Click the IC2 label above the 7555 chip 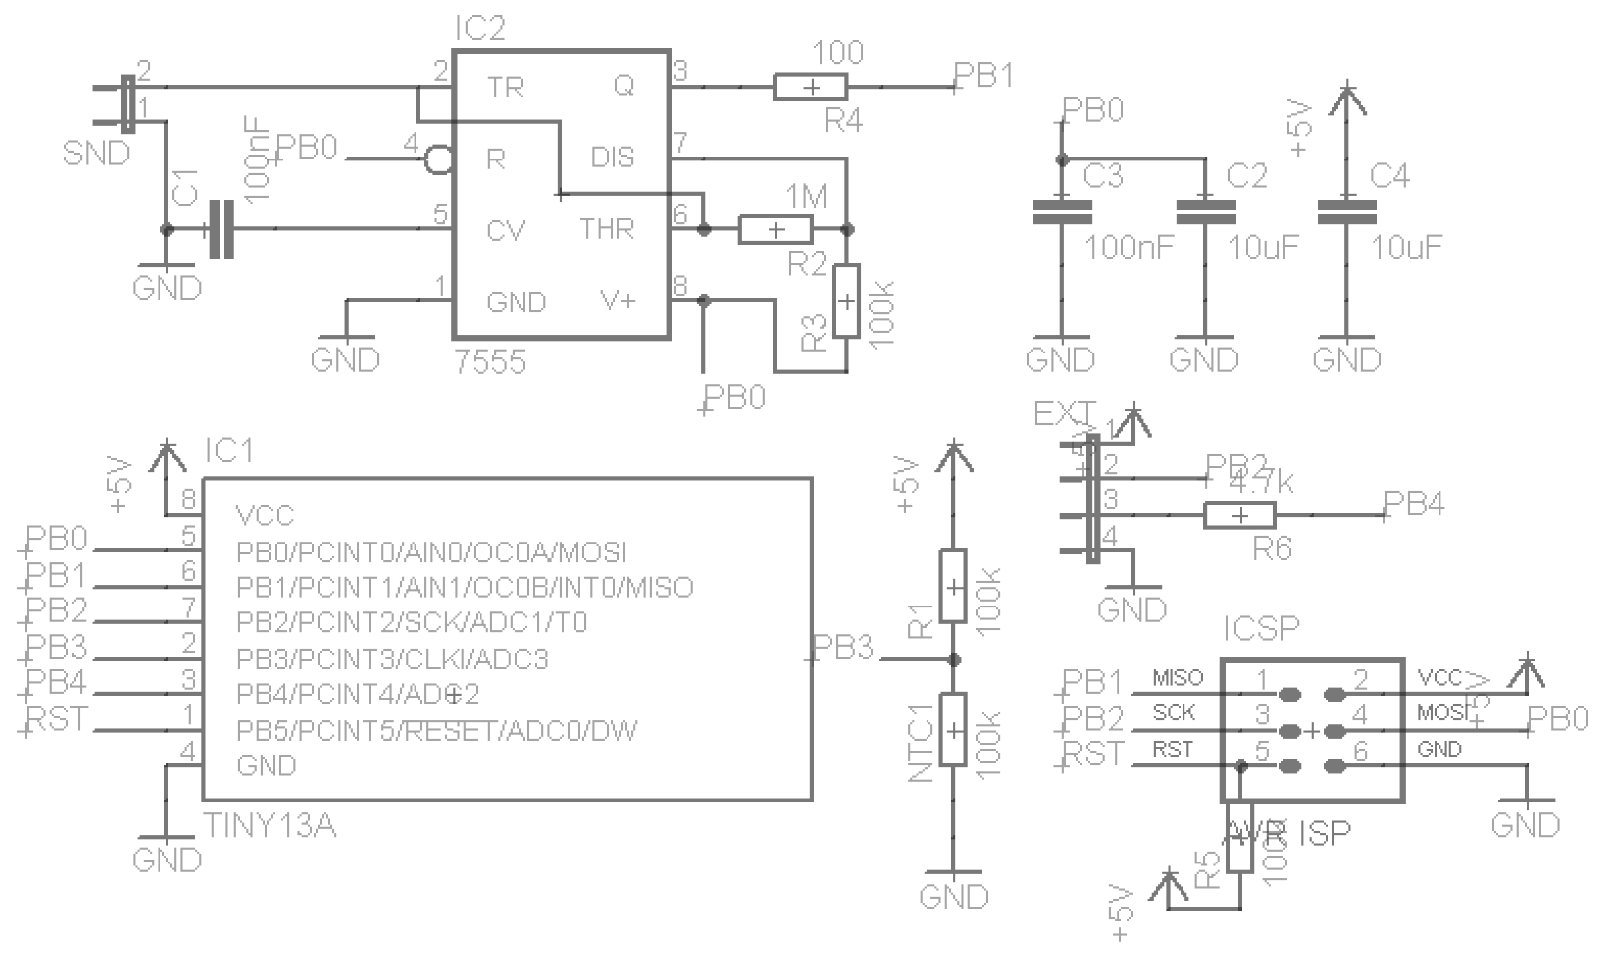click(480, 29)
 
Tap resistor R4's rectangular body click(810, 88)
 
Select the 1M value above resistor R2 click(806, 197)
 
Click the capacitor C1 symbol click(222, 229)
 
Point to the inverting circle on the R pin click(438, 160)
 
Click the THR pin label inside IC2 click(607, 229)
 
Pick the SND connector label click(96, 154)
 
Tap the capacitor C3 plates click(1062, 212)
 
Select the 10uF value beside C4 click(1406, 248)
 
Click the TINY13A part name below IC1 click(269, 826)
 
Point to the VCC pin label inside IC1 click(265, 515)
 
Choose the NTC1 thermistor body click(953, 730)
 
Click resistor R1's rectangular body click(953, 586)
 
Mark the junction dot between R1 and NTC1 click(954, 659)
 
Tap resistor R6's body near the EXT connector click(1239, 515)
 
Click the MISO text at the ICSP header click(1177, 678)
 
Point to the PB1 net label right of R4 click(984, 76)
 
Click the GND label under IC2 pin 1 click(345, 360)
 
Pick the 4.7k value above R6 click(1260, 483)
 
